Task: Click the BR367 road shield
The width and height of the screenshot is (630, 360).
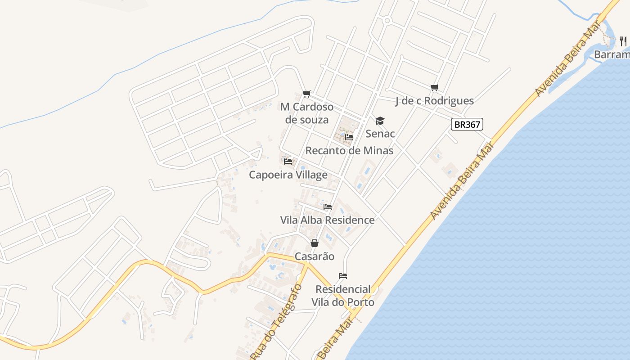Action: pyautogui.click(x=467, y=124)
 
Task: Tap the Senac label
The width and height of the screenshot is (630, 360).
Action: pyautogui.click(x=380, y=134)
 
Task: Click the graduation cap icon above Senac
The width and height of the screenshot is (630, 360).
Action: pyautogui.click(x=380, y=121)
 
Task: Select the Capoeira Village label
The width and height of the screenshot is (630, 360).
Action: pyautogui.click(x=288, y=175)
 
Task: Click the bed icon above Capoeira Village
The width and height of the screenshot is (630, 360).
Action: pyautogui.click(x=288, y=161)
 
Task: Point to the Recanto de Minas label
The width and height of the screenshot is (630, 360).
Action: pyautogui.click(x=349, y=150)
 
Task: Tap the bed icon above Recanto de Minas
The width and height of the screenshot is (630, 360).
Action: pyautogui.click(x=349, y=137)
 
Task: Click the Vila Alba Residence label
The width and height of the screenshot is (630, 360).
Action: pyautogui.click(x=327, y=220)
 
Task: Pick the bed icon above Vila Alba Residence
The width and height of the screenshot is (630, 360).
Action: pyautogui.click(x=328, y=207)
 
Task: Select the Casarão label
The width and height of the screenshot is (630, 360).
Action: pyautogui.click(x=315, y=256)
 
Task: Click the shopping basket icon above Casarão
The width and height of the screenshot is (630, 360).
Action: pyautogui.click(x=315, y=243)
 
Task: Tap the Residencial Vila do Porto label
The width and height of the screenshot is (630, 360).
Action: pyautogui.click(x=344, y=296)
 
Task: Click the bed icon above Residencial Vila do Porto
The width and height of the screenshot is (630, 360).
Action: pyautogui.click(x=343, y=276)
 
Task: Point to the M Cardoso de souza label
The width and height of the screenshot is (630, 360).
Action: pyautogui.click(x=307, y=113)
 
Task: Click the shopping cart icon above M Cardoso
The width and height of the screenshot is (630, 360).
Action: pyautogui.click(x=307, y=94)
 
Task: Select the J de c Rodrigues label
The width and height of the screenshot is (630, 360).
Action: pyautogui.click(x=434, y=101)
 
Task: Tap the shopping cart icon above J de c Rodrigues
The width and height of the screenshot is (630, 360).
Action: pyautogui.click(x=434, y=88)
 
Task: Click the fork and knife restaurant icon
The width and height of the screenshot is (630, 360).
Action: pyautogui.click(x=623, y=41)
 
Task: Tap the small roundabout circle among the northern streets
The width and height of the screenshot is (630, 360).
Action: pyautogui.click(x=387, y=21)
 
